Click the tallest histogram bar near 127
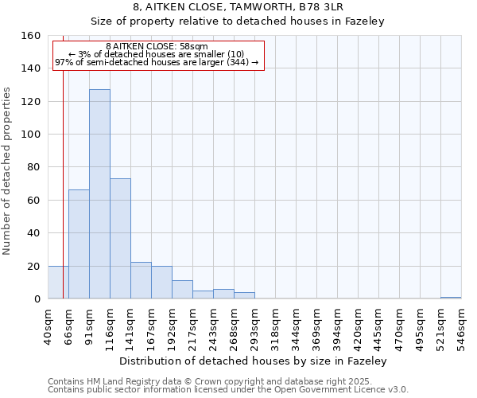[x=99, y=194]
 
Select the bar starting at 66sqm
[x=79, y=244]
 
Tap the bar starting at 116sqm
[x=120, y=239]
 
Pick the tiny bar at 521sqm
[x=451, y=298]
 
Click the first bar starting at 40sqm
[x=57, y=283]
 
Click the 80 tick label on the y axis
[x=34, y=167]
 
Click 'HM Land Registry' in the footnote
[x=114, y=381]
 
